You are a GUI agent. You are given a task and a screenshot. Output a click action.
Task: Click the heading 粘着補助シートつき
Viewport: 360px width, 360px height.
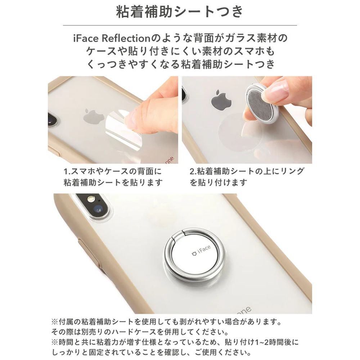point(180,12)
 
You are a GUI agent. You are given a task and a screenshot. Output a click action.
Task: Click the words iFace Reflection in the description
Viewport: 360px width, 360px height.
point(112,38)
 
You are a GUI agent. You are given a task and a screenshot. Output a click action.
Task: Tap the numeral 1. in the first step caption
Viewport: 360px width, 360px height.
point(67,171)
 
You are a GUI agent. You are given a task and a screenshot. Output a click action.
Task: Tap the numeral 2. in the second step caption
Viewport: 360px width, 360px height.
point(193,171)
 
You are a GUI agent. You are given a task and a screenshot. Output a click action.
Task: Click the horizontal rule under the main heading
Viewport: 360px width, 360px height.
point(180,25)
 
